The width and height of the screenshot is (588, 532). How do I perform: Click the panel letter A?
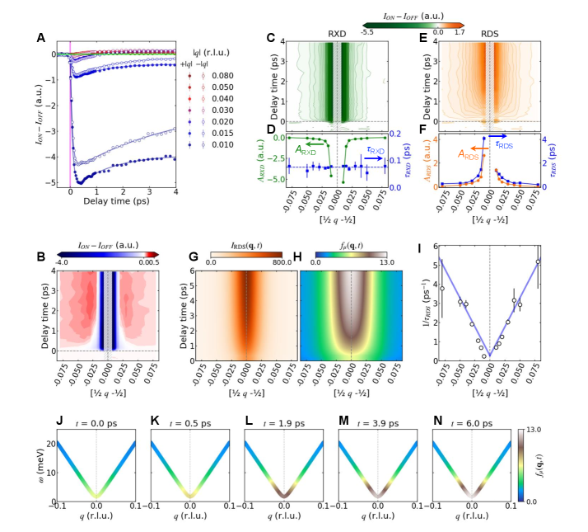point(40,37)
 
